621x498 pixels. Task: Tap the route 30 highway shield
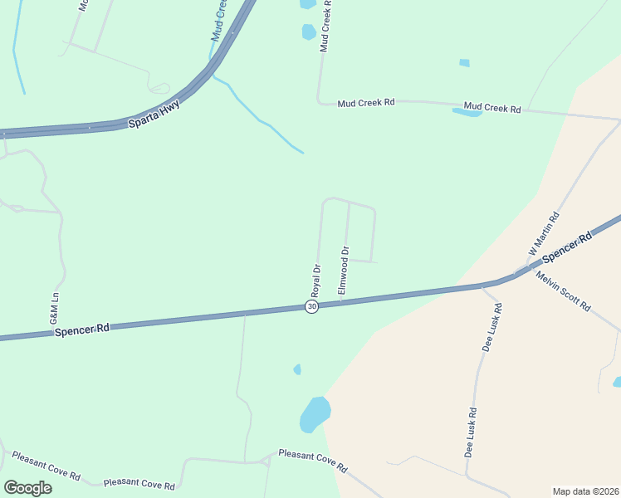(x=311, y=307)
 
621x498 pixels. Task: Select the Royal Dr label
(x=315, y=281)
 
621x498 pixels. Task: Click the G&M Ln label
(x=55, y=308)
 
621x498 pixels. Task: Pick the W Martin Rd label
(x=545, y=234)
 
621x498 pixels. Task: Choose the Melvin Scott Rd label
(x=563, y=291)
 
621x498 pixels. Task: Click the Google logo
(x=27, y=487)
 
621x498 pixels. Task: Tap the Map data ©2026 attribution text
(x=584, y=491)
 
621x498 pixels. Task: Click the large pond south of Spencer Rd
(x=315, y=413)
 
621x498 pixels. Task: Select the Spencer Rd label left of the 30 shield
(x=82, y=330)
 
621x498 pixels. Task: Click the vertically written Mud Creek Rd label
(x=326, y=27)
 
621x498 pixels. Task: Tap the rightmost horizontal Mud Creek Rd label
(x=491, y=108)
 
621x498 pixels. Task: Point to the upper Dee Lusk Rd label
(x=497, y=327)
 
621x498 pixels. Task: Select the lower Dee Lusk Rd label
(x=471, y=432)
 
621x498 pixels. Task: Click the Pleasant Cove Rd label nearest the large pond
(x=312, y=461)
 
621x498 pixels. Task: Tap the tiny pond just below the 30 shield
(x=297, y=369)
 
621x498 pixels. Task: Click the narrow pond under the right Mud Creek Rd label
(x=467, y=112)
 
